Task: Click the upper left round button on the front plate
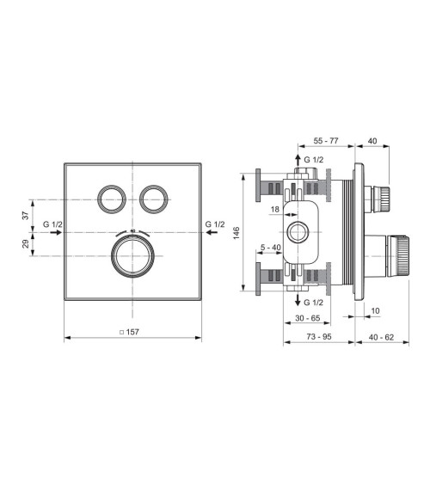tap(112, 199)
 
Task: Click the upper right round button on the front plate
tap(154, 199)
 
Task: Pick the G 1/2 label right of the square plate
tap(215, 224)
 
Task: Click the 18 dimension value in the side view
tap(274, 209)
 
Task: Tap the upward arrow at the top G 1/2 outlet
tap(297, 161)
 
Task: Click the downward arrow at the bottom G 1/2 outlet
tap(297, 301)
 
